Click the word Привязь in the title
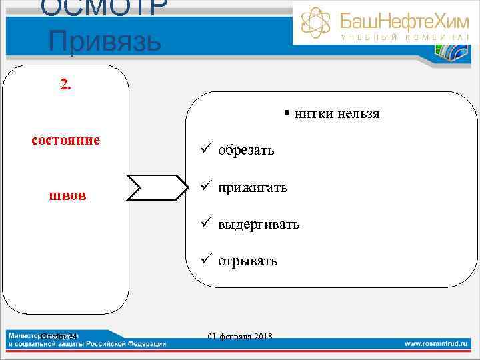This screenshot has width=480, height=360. pos(105,41)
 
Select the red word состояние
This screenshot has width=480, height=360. pos(66,140)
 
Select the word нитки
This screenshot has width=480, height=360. pos(315,114)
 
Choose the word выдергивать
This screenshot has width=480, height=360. pos(258,225)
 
